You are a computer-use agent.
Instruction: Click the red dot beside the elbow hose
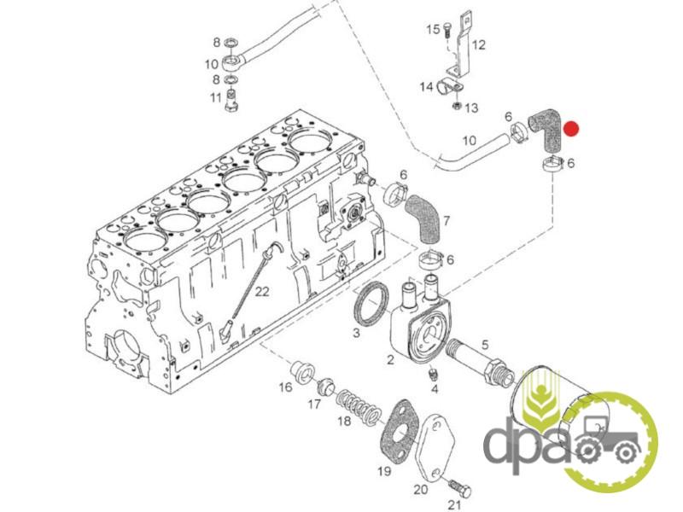[x=570, y=129]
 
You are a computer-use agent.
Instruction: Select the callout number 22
[x=262, y=292]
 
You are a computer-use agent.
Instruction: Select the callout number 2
[x=390, y=359]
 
